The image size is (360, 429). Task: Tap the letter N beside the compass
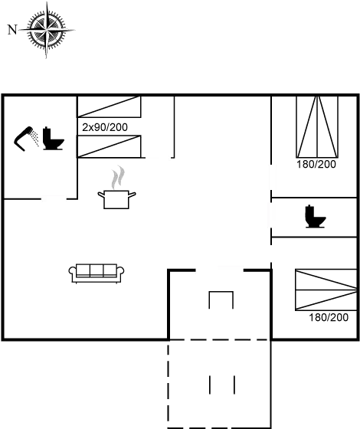point(11,30)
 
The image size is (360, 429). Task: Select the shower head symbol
point(27,137)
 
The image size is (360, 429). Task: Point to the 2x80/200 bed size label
point(105,126)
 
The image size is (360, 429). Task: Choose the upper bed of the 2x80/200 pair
point(109,107)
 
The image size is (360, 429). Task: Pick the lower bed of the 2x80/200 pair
point(109,146)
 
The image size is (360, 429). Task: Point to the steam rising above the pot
point(116,178)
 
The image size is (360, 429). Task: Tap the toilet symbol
point(315,216)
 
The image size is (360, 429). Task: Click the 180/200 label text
point(316,164)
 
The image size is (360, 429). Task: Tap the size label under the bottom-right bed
point(328,317)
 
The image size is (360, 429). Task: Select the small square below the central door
point(221,300)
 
